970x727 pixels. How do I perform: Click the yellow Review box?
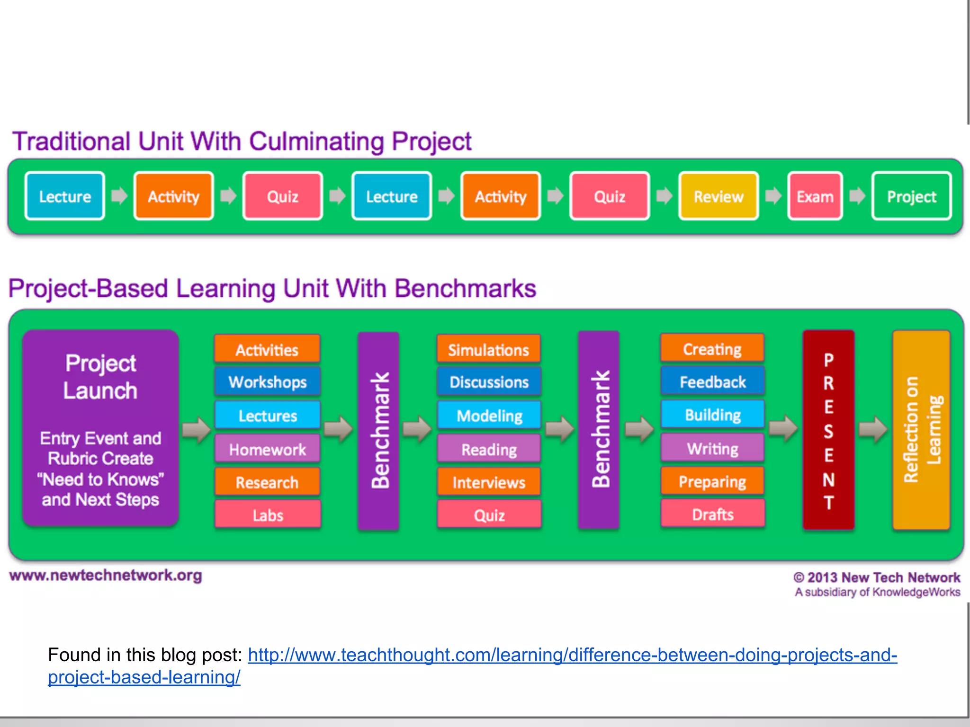tap(718, 196)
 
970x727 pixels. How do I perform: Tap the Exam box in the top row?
tap(815, 196)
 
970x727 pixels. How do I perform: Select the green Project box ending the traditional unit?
tap(911, 196)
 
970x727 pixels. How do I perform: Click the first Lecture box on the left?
tap(65, 196)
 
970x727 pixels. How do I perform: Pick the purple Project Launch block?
tap(100, 428)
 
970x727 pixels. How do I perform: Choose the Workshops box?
tap(268, 381)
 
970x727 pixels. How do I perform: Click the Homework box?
tap(268, 449)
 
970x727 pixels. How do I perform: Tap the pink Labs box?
tap(268, 514)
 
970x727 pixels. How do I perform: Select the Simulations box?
tap(489, 349)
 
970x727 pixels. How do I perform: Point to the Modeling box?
tap(489, 415)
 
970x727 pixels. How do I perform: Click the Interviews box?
tap(489, 482)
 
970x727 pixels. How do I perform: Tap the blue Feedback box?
tap(712, 381)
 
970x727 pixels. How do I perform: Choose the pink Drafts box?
tap(712, 514)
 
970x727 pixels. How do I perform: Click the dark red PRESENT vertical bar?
tap(828, 430)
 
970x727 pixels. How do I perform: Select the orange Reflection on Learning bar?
tap(921, 430)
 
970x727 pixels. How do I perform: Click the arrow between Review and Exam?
tap(773, 195)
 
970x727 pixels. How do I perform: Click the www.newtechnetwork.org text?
tap(105, 576)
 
